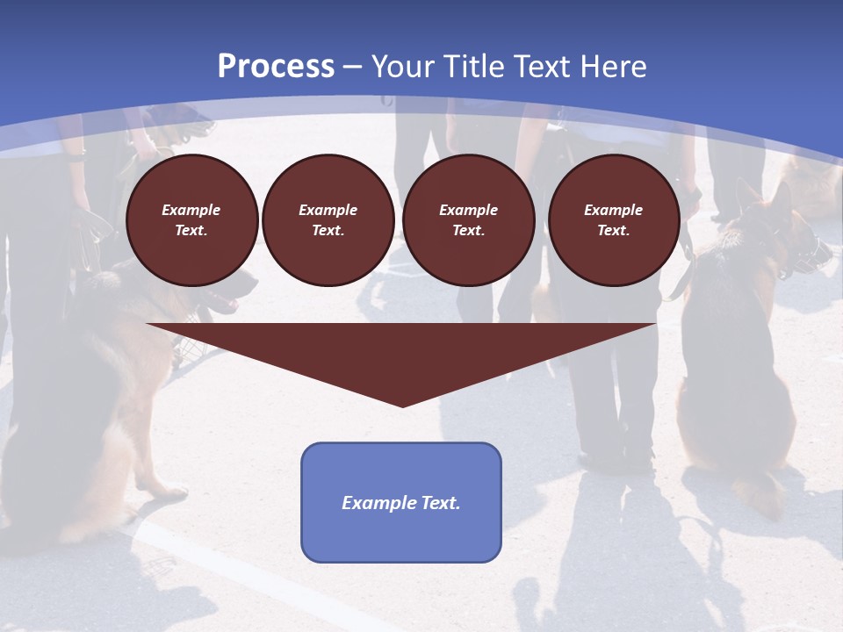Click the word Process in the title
pyautogui.click(x=276, y=67)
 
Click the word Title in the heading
pyautogui.click(x=473, y=67)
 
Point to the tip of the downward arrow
pyautogui.click(x=402, y=405)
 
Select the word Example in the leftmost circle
pyautogui.click(x=191, y=210)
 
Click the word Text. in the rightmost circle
pyautogui.click(x=613, y=230)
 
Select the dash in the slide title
pyautogui.click(x=352, y=67)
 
